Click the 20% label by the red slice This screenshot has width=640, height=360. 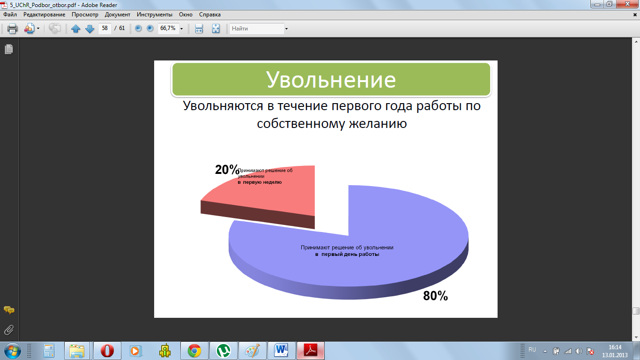[227, 170]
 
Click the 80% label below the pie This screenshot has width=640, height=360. [435, 296]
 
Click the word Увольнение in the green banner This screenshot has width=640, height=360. [331, 79]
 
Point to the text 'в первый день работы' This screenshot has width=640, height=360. [347, 254]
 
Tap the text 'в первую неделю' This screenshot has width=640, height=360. [260, 182]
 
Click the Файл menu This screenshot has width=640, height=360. [10, 15]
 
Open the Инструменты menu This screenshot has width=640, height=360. [154, 15]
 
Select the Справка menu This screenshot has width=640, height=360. [210, 15]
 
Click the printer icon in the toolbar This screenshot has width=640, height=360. [12, 29]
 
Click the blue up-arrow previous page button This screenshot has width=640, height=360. [76, 29]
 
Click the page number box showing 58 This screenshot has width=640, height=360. [105, 28]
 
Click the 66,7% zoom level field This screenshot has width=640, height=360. [169, 28]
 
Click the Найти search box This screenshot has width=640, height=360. [257, 29]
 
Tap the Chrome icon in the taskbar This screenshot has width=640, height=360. [194, 351]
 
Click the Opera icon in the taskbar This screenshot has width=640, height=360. [107, 351]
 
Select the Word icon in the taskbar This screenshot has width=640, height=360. [281, 351]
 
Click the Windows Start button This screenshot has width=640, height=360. [13, 351]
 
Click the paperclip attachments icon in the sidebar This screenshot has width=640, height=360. [9, 330]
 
